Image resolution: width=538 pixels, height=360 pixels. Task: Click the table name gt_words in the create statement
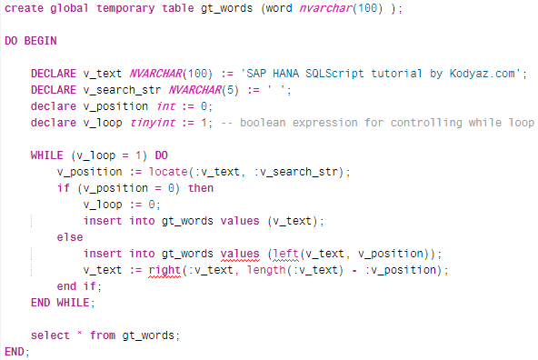(246, 9)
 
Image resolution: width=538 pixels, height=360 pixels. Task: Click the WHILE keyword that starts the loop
(48, 155)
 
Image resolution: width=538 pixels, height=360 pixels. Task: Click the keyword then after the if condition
(201, 188)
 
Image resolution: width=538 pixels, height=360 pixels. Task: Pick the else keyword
(68, 237)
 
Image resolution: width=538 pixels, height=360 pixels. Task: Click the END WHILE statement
(61, 303)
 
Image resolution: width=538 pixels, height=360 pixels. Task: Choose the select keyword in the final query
(49, 335)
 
